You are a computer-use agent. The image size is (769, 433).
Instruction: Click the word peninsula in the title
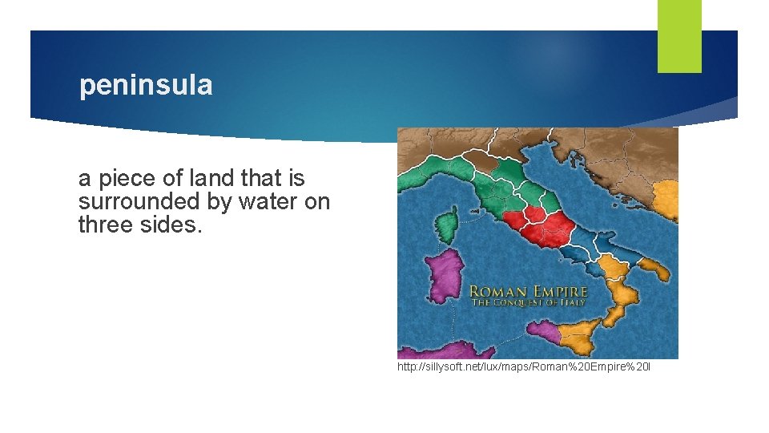[146, 86]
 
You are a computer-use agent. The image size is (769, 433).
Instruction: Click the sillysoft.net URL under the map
[524, 367]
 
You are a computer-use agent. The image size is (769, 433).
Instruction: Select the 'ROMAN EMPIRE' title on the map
[528, 293]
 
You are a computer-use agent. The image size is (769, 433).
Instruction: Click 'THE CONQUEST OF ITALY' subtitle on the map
[528, 304]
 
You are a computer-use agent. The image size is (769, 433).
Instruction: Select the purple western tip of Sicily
[543, 329]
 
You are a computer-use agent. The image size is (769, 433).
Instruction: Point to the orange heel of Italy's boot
[650, 269]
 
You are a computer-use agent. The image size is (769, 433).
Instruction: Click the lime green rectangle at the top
[678, 35]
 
